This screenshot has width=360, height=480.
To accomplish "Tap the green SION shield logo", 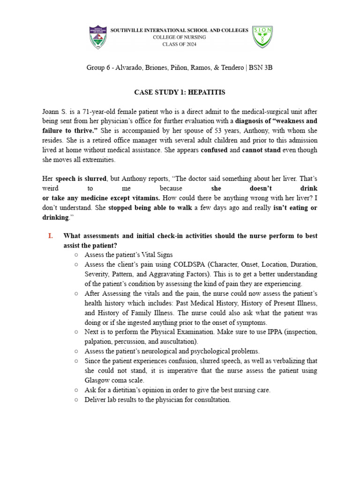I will pyautogui.click(x=262, y=37).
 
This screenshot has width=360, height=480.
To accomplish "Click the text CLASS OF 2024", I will pyautogui.click(x=180, y=45).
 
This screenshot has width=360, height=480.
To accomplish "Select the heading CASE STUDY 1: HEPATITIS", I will pyautogui.click(x=180, y=92).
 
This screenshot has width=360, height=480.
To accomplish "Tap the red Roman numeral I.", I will pyautogui.click(x=51, y=236).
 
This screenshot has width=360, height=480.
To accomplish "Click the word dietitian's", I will pyautogui.click(x=123, y=390).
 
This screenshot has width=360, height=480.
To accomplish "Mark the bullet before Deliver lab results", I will pyautogui.click(x=76, y=400).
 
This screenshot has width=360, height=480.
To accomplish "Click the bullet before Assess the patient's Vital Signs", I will pyautogui.click(x=76, y=255).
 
